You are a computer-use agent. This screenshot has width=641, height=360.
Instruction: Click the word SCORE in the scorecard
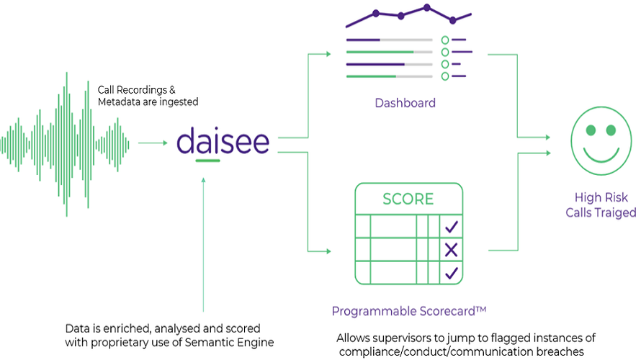tap(408, 199)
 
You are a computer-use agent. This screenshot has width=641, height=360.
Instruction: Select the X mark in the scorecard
tap(451, 250)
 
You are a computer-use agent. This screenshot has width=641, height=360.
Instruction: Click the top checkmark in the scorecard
tap(451, 228)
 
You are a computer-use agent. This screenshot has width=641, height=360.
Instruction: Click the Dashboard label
tap(405, 103)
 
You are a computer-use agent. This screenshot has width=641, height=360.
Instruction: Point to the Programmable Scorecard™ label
tap(409, 311)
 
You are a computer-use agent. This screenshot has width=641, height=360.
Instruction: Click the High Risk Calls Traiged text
tap(601, 205)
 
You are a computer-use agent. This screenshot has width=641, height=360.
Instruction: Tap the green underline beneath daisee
tap(207, 160)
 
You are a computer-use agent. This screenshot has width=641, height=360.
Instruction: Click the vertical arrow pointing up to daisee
tap(205, 238)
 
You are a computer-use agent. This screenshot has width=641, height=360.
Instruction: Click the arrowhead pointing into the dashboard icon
tap(328, 54)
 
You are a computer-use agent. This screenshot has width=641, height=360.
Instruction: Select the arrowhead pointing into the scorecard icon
tap(328, 251)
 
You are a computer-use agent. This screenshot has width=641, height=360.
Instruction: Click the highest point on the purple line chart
tap(426, 8)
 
